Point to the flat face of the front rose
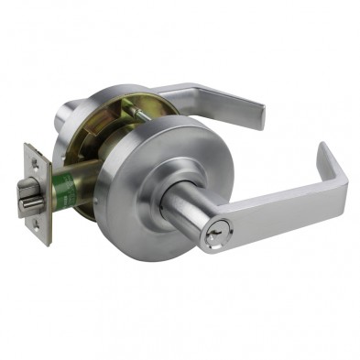tap(160, 169)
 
